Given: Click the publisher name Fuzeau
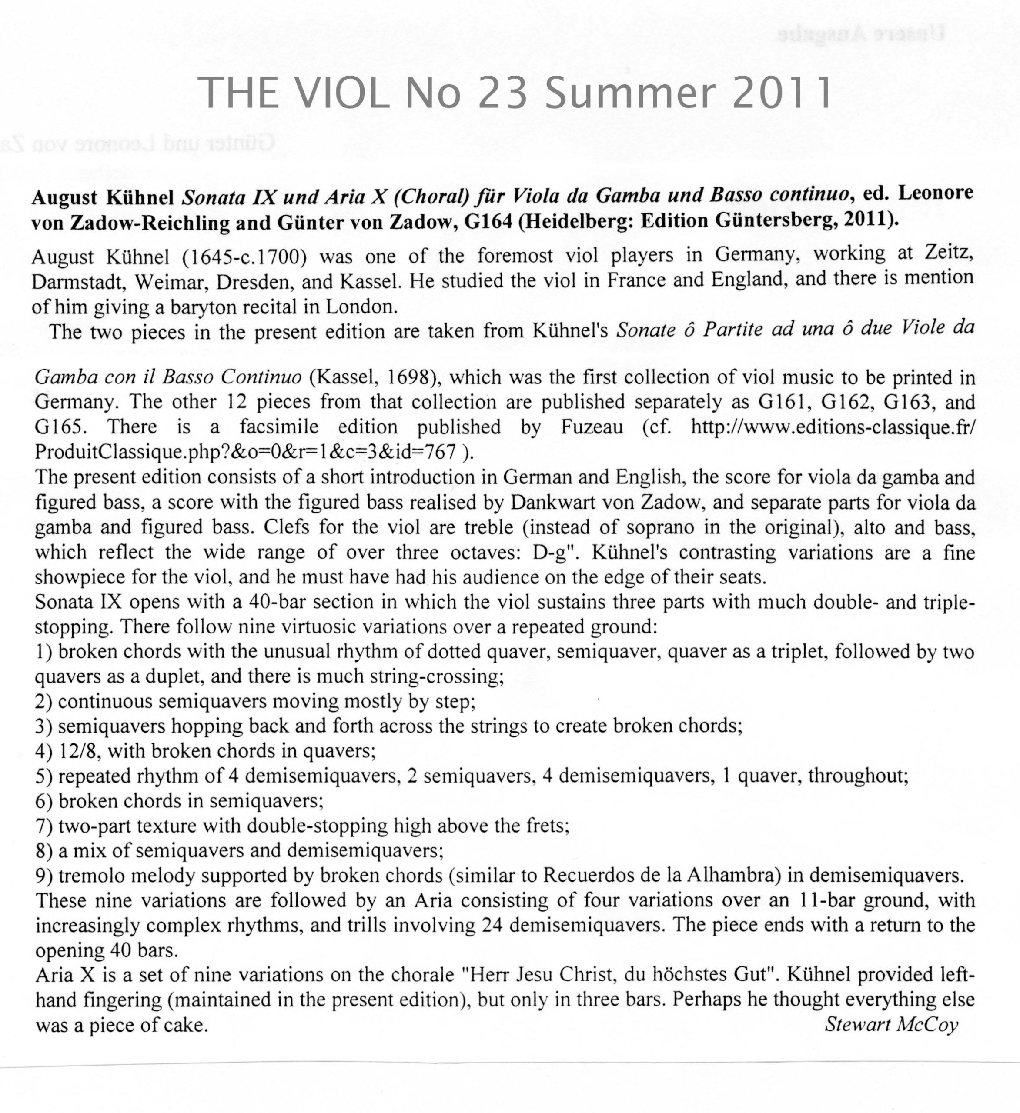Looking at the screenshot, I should click(x=592, y=427).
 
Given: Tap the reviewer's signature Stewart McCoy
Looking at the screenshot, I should click(x=891, y=1025).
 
